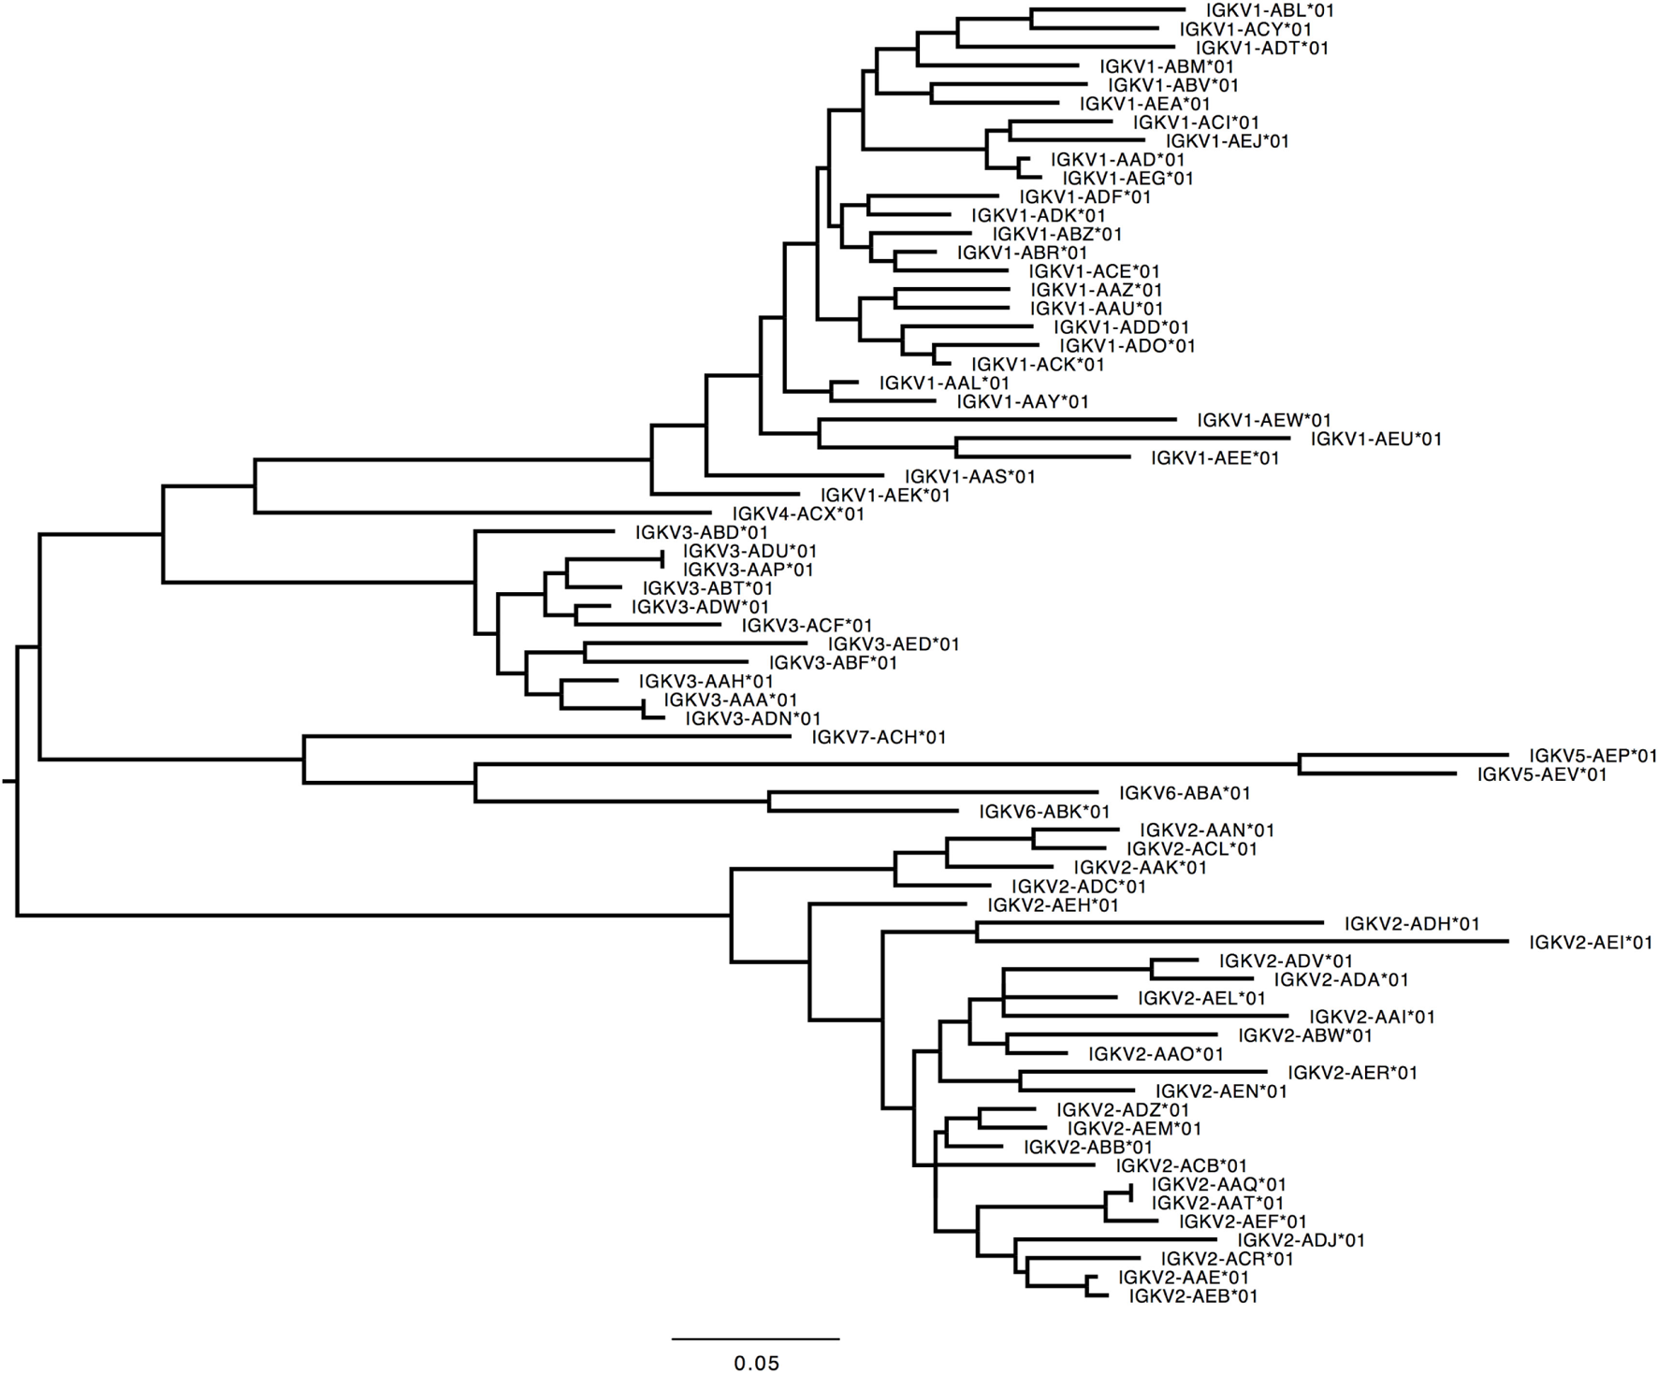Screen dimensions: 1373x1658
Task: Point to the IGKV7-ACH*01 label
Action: (879, 738)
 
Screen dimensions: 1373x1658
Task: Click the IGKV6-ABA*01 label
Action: (1185, 793)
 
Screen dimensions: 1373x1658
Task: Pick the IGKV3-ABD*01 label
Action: (701, 533)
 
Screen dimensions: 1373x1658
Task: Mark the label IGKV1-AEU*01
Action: (1375, 439)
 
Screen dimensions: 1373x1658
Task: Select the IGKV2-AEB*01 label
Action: (1193, 1296)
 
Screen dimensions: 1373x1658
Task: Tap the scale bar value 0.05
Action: (756, 1364)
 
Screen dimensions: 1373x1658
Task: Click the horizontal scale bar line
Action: (755, 1338)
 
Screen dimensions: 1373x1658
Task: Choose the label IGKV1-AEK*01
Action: (885, 495)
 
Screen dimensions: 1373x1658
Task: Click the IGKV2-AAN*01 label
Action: (1207, 831)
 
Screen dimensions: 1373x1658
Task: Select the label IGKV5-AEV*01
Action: (1541, 774)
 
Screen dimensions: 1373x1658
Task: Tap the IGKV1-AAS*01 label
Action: (970, 477)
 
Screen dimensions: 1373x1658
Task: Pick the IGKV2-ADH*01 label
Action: (1412, 924)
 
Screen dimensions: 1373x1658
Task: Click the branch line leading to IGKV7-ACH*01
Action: (547, 736)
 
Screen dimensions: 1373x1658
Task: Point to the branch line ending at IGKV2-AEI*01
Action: (1244, 941)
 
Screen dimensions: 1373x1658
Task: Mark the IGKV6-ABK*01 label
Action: (1044, 812)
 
